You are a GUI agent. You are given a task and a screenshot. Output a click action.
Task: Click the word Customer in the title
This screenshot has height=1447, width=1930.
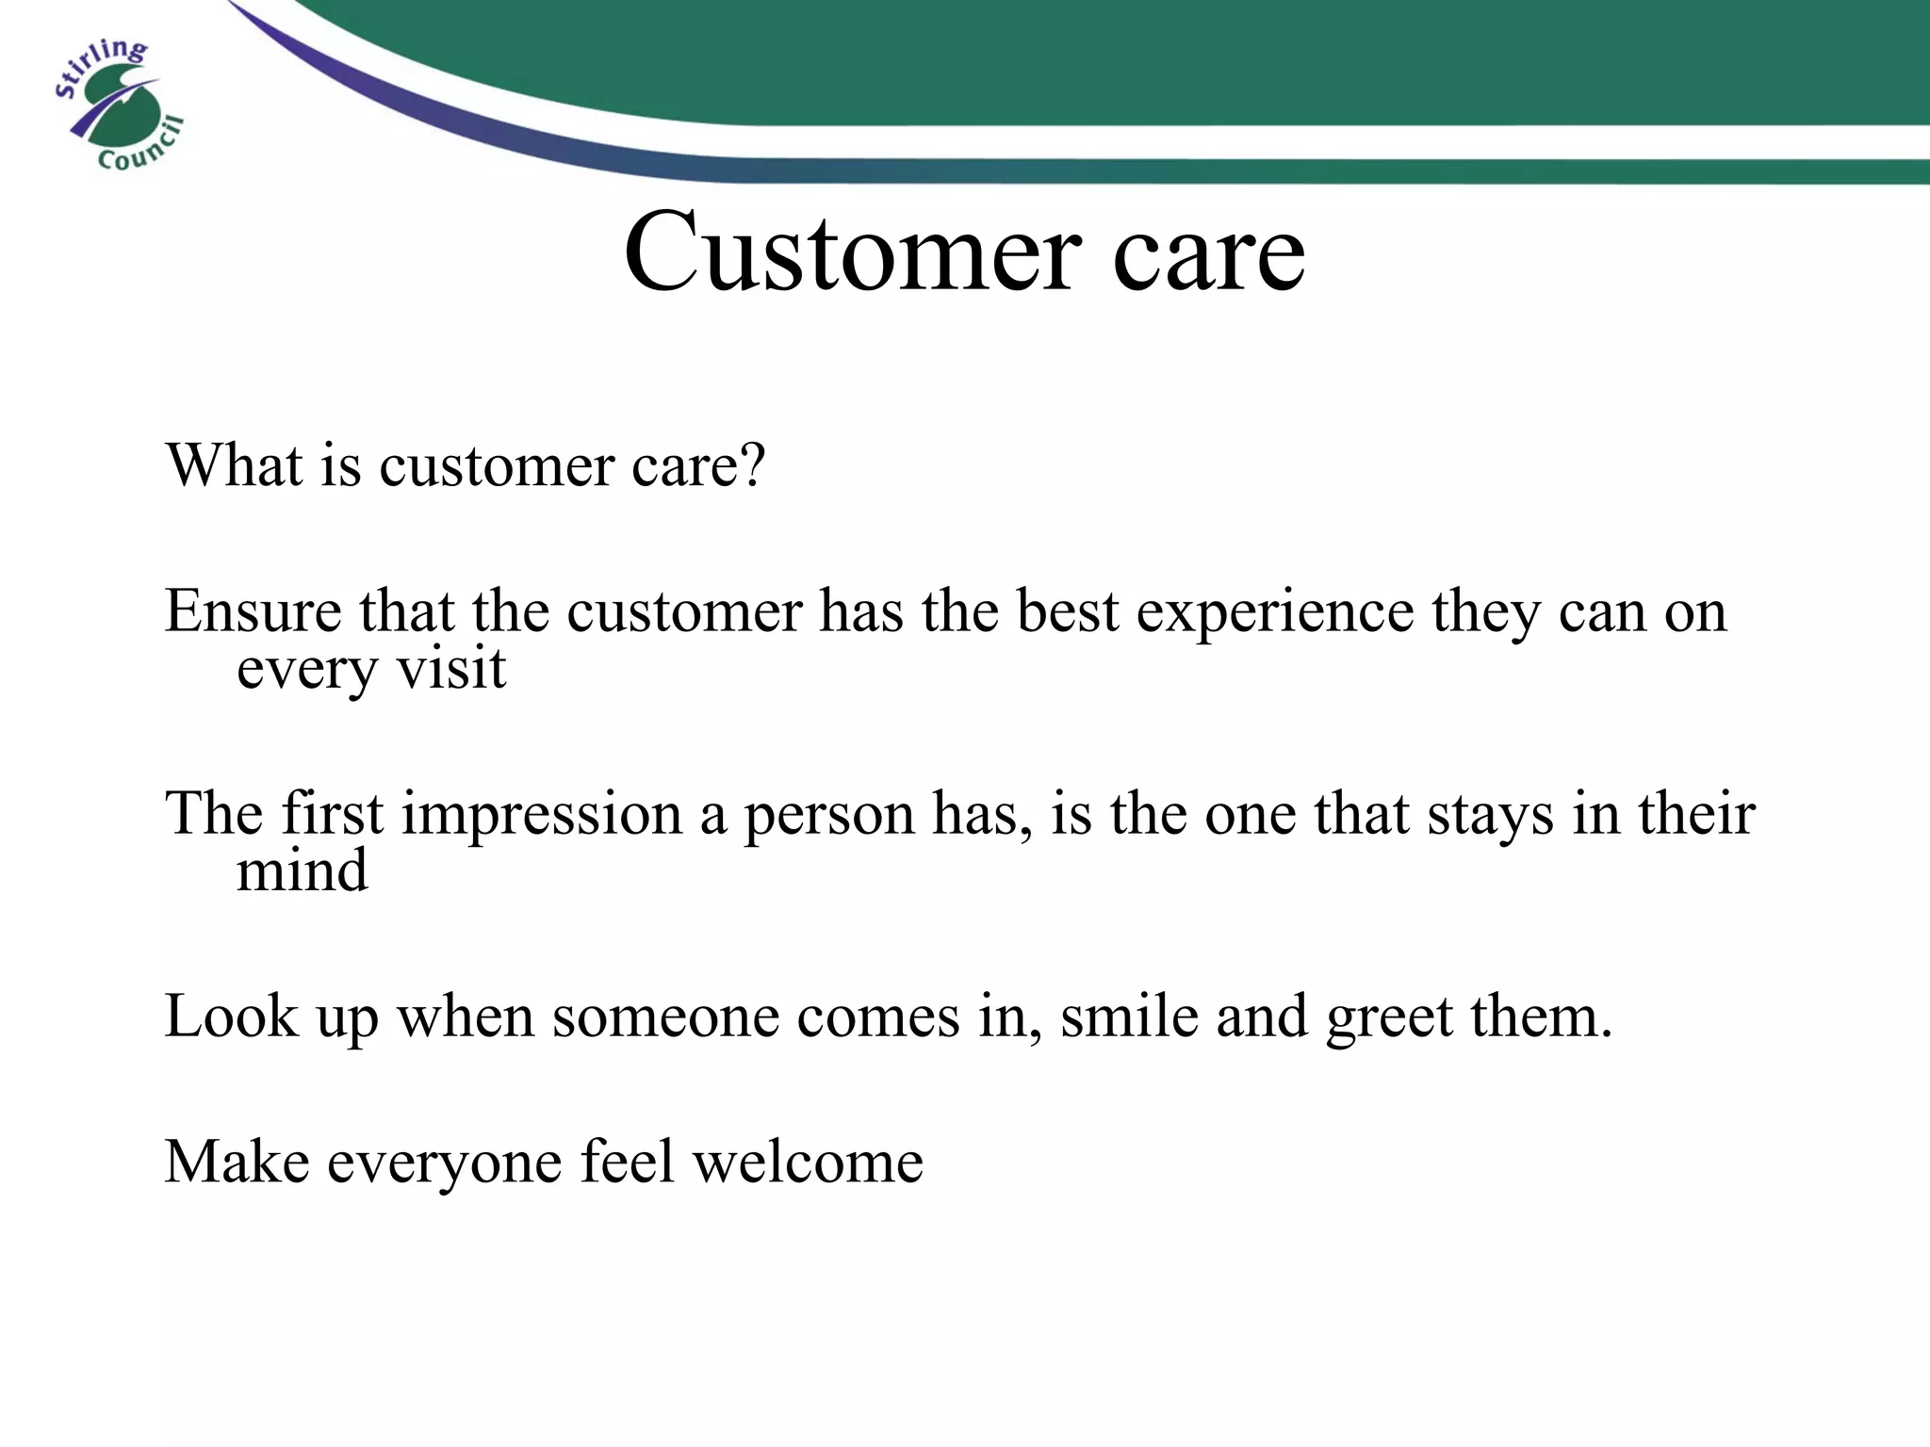pos(848,252)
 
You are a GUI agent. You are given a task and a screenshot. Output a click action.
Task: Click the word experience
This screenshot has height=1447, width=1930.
pos(1275,612)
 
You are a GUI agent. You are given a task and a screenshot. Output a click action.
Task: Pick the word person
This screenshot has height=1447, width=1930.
pos(829,816)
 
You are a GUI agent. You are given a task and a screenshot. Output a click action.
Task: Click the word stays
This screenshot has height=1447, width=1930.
pos(1490,816)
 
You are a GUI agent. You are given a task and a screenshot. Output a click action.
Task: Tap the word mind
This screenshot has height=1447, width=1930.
pos(302,870)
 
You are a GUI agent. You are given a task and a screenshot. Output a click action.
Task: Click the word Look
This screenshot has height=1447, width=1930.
pos(231,1016)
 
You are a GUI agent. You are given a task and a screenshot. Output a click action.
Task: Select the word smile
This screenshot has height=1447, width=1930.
pos(1128,1016)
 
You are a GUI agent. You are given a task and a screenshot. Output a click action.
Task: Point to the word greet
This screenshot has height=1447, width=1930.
pos(1389,1018)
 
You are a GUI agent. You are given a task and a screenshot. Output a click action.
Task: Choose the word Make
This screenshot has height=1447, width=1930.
pos(237,1162)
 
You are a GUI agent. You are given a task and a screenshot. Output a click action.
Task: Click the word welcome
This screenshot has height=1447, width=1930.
pos(808,1162)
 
